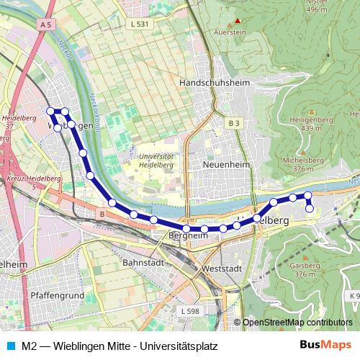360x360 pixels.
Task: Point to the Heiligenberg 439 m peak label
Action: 311,123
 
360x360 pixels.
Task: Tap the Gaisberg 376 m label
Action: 305,269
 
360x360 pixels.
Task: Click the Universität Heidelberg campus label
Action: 156,160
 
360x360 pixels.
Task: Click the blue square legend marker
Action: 11,346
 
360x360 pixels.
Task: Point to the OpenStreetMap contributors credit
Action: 297,323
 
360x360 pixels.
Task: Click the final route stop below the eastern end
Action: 310,209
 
